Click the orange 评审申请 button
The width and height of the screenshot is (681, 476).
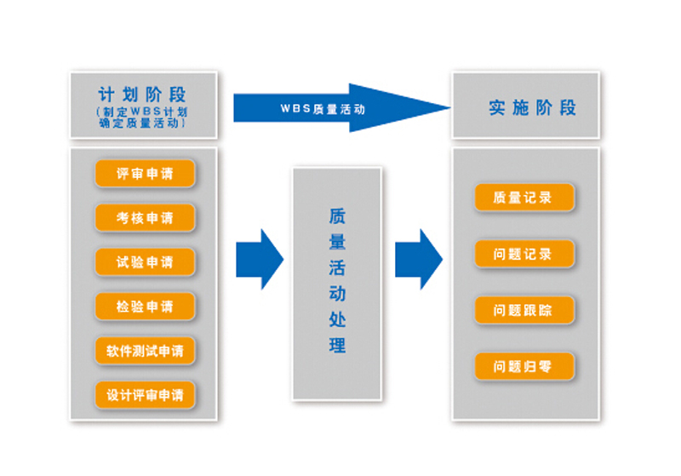(145, 174)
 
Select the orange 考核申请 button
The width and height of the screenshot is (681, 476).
(145, 218)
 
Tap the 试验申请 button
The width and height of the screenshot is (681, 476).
(145, 261)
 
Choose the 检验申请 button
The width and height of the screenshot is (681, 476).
(145, 306)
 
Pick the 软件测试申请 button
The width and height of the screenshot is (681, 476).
(145, 350)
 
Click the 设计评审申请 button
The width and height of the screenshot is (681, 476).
(145, 394)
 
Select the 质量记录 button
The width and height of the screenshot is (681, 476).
(524, 198)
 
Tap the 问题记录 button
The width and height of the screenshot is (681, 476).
(524, 254)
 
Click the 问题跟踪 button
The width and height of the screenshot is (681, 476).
(524, 310)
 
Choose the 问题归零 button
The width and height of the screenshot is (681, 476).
(524, 367)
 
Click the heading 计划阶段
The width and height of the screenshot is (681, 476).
(142, 94)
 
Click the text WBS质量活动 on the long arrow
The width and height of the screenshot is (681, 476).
(323, 109)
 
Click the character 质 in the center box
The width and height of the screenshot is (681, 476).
(337, 216)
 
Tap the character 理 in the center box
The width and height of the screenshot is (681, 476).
(337, 346)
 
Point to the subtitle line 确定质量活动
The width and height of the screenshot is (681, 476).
(142, 124)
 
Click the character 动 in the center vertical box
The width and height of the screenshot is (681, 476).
(337, 294)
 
